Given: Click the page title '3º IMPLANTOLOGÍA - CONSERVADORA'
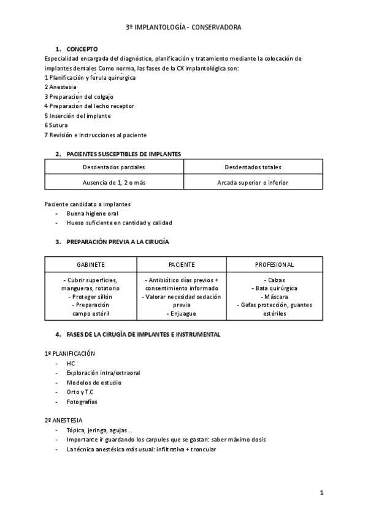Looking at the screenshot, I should click(183, 28).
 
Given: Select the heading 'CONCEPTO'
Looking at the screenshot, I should click(82, 49).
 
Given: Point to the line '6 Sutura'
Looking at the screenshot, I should click(56, 125).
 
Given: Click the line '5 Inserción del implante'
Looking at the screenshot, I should click(77, 115).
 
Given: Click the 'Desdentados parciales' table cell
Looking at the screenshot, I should click(114, 167).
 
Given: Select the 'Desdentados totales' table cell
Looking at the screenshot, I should click(253, 167).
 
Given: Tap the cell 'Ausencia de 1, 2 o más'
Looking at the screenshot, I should click(114, 182).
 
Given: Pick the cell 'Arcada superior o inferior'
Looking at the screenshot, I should click(253, 182).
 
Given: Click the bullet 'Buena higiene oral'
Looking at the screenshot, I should click(93, 213).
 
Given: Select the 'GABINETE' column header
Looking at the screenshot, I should click(90, 264).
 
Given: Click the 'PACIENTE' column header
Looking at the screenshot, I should click(182, 264).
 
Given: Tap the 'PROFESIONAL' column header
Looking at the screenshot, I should click(274, 264).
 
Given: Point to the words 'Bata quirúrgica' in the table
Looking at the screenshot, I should click(274, 288).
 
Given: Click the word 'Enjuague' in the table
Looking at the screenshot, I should click(182, 313).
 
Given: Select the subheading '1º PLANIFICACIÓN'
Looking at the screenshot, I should click(69, 354).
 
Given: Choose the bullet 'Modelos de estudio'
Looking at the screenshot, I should click(94, 383).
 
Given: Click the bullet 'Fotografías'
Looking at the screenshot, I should click(82, 402).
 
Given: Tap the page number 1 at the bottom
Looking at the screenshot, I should click(321, 492).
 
